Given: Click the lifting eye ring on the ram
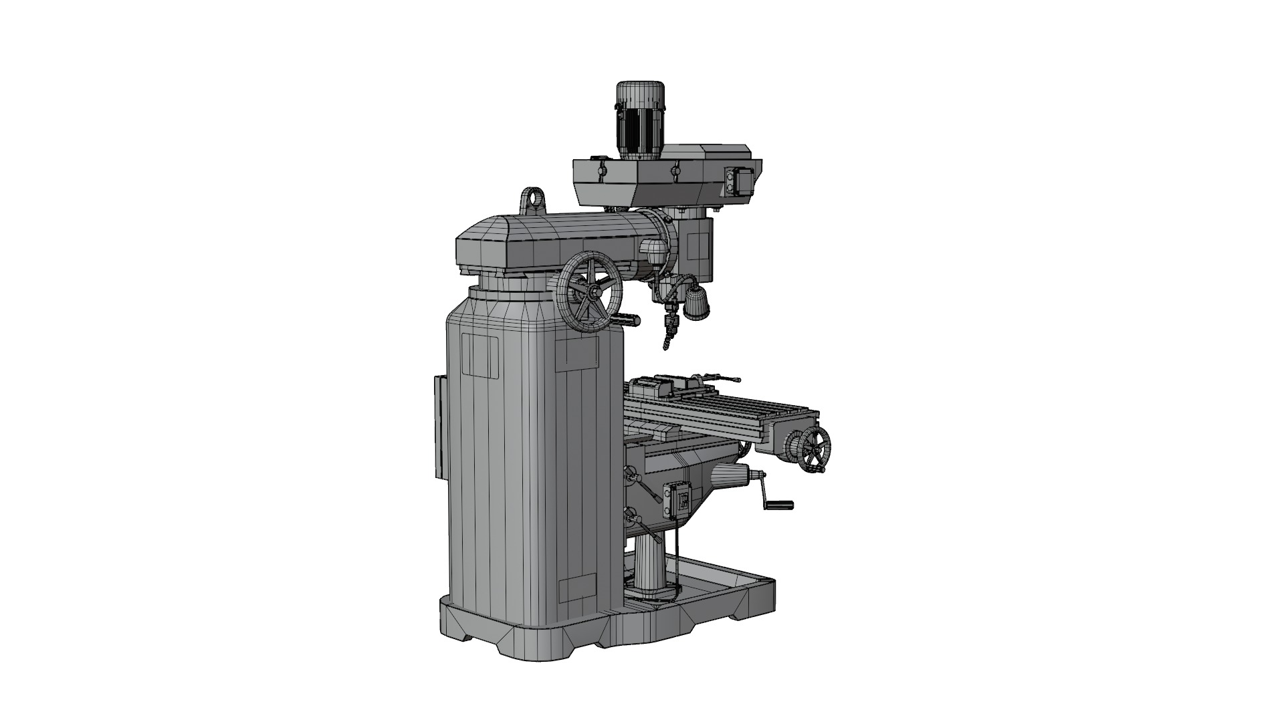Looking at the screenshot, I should [x=532, y=199].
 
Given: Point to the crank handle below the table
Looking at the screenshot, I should [x=777, y=503].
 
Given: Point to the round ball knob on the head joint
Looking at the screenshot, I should [x=653, y=252].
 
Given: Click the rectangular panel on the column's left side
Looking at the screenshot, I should [x=439, y=427].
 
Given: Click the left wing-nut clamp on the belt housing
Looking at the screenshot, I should [x=601, y=166].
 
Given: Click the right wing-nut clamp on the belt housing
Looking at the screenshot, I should [x=675, y=170].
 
